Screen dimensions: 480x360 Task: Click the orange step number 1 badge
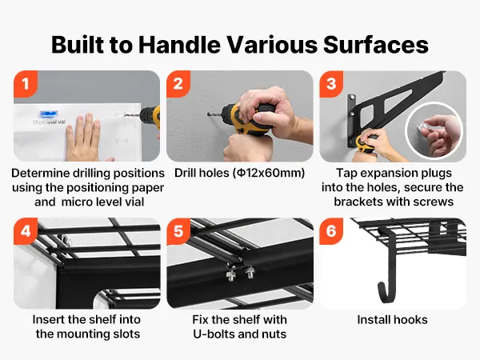tap(26, 84)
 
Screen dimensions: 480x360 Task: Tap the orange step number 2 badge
tap(178, 84)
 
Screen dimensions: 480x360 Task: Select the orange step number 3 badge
tap(331, 84)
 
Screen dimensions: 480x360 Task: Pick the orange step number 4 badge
tap(26, 231)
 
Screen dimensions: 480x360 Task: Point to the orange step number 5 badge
tap(178, 231)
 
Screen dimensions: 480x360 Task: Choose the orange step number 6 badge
tap(331, 231)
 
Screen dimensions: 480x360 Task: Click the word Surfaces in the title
tap(376, 45)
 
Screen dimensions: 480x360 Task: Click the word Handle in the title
tap(179, 45)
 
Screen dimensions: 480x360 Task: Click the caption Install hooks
tap(393, 320)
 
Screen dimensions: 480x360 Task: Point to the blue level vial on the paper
tap(49, 114)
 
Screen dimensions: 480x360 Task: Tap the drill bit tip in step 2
tap(209, 114)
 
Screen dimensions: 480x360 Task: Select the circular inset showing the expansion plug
tap(434, 130)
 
